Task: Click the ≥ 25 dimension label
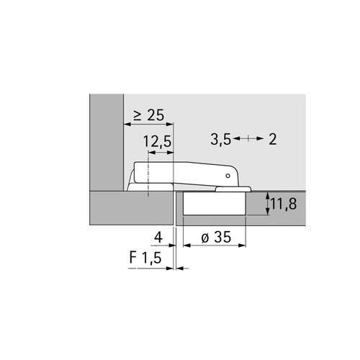pyautogui.click(x=149, y=114)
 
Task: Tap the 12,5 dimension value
pyautogui.click(x=158, y=142)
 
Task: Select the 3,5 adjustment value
pyautogui.click(x=221, y=140)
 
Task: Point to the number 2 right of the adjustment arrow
pyautogui.click(x=273, y=139)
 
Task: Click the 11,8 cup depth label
pyautogui.click(x=284, y=204)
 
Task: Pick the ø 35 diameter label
pyautogui.click(x=216, y=237)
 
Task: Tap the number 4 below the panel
pyautogui.click(x=158, y=237)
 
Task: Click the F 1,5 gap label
pyautogui.click(x=145, y=258)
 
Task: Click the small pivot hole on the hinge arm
pyautogui.click(x=228, y=176)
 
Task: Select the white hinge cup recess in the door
pyautogui.click(x=215, y=203)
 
